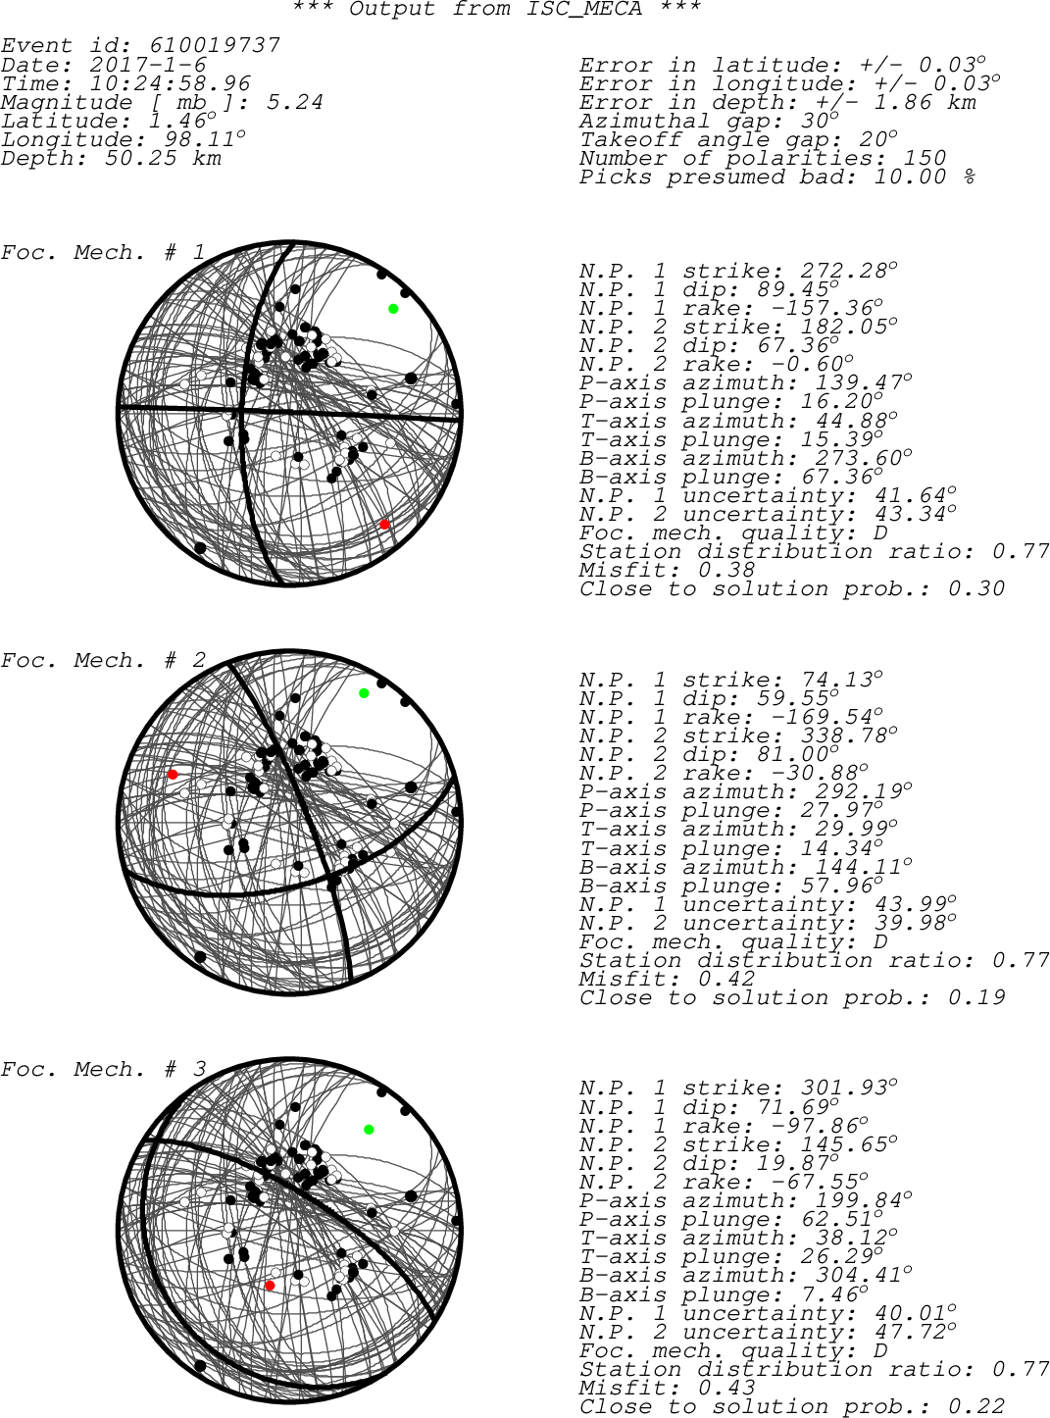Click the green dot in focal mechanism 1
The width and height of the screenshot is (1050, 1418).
[x=393, y=309]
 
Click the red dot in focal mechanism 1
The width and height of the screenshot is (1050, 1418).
[x=384, y=525]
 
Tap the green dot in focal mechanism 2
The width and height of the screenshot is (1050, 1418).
[x=364, y=693]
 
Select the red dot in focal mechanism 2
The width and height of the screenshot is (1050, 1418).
[x=173, y=774]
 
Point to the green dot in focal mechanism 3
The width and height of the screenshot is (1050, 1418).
[x=369, y=1130]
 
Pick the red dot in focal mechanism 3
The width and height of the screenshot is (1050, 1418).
[x=270, y=1285]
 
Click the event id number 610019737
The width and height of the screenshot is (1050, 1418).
[x=215, y=45]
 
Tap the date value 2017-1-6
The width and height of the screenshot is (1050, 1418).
[x=148, y=65]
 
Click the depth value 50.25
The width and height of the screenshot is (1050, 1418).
[x=140, y=159]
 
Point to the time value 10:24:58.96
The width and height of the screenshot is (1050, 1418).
[x=170, y=83]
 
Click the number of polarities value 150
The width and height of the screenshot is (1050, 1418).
[x=925, y=158]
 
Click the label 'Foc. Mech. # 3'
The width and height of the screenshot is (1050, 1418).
[x=104, y=1069]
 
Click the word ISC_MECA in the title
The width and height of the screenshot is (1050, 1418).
[x=584, y=9]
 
